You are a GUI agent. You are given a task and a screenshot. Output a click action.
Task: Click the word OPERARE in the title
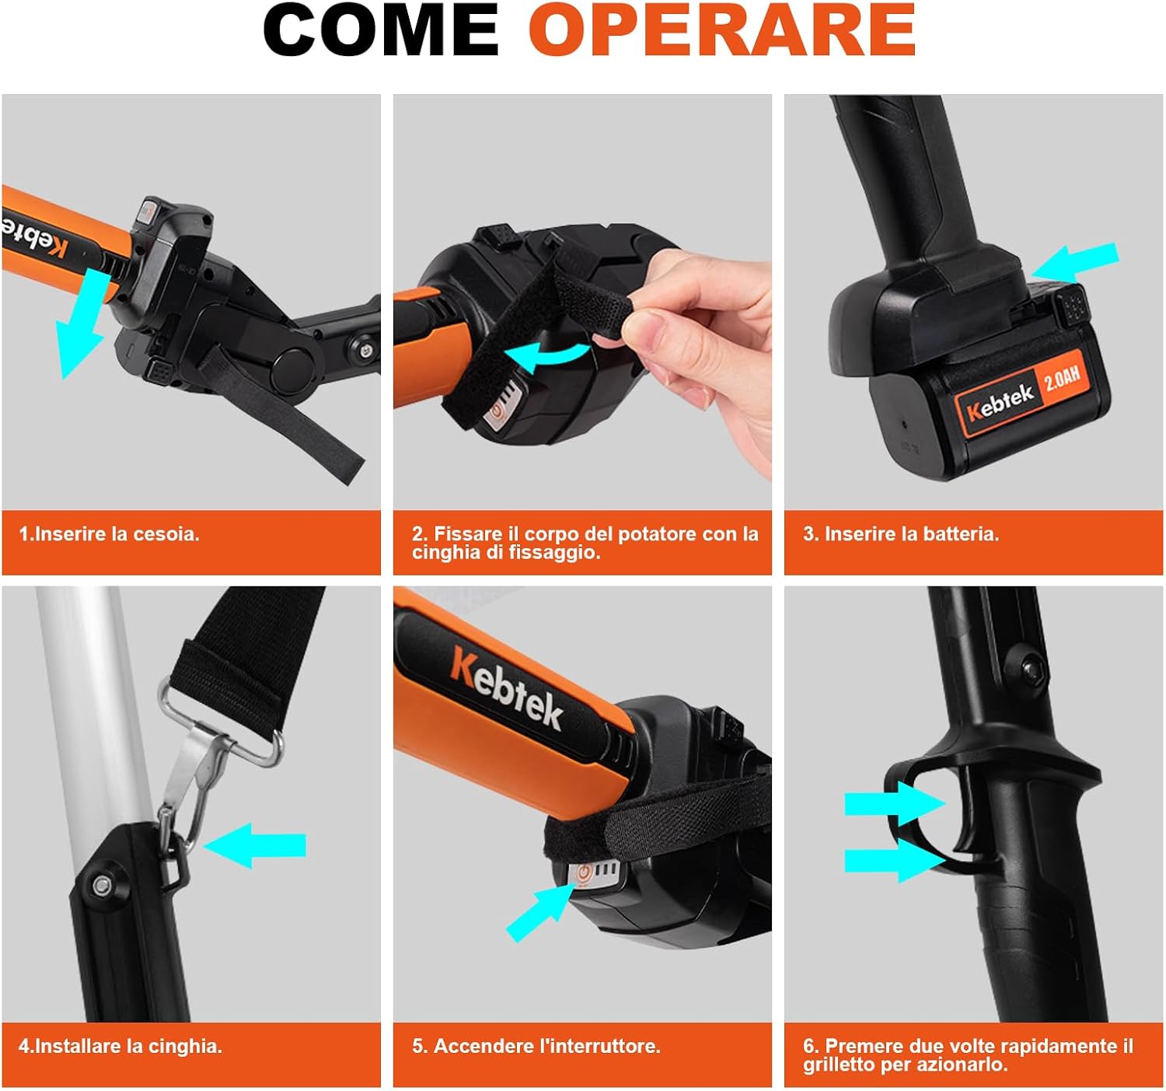(x=721, y=30)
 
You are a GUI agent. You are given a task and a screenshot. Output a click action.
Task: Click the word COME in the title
(x=380, y=30)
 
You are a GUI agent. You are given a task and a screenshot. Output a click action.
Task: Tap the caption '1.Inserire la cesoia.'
(x=109, y=534)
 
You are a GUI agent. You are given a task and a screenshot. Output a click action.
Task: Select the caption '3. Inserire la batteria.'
(x=901, y=534)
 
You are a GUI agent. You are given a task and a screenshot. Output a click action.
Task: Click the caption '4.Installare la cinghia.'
(x=120, y=1046)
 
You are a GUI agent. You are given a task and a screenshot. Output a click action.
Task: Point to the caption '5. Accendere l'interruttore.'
(x=536, y=1046)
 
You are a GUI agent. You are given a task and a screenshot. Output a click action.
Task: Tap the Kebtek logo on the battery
(x=999, y=403)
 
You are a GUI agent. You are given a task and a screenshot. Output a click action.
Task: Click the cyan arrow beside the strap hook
(x=254, y=845)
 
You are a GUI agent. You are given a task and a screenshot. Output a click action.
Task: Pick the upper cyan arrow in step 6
(x=895, y=803)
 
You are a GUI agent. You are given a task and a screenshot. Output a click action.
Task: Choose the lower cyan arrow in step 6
(x=895, y=861)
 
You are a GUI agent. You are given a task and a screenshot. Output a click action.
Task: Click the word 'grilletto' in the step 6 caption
(x=839, y=1064)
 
